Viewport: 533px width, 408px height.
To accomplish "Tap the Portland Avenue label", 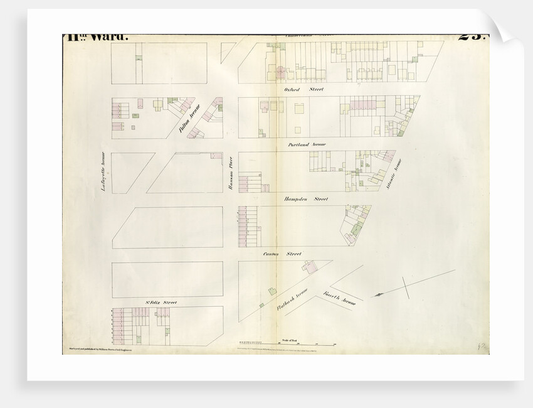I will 307,144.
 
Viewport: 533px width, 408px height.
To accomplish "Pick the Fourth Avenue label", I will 339,298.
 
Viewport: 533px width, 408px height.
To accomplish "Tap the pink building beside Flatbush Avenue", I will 308,267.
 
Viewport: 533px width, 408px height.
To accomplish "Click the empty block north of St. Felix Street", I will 167,279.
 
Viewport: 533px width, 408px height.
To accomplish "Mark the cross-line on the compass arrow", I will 406,287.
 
